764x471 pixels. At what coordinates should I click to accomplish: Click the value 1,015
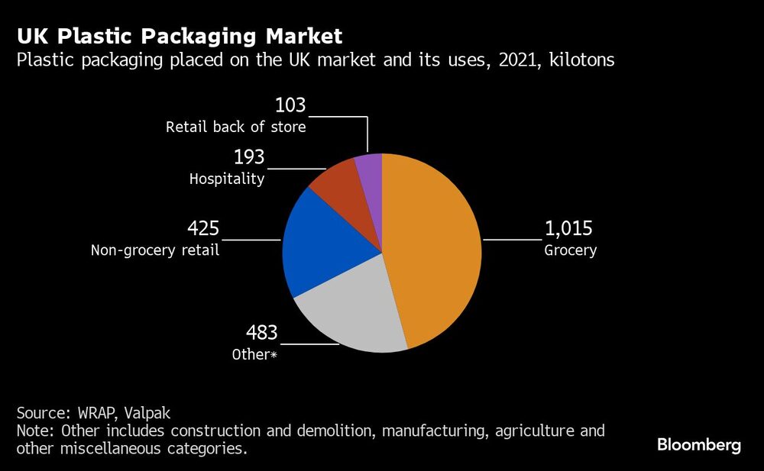click(568, 229)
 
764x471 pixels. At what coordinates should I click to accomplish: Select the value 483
click(261, 334)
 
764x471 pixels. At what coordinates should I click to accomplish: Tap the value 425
click(203, 229)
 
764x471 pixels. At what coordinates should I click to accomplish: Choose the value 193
click(248, 158)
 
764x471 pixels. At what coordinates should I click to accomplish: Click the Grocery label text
click(570, 250)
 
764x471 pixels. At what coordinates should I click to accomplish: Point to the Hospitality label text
click(227, 179)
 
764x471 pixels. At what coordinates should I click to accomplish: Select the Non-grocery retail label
click(155, 250)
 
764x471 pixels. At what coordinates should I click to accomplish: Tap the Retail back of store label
click(236, 127)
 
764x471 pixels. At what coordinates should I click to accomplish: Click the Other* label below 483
click(255, 355)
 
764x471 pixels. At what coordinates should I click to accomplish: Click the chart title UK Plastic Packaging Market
click(180, 36)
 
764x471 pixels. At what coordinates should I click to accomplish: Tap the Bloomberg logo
click(698, 445)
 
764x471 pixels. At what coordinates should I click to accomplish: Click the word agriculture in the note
click(534, 431)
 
